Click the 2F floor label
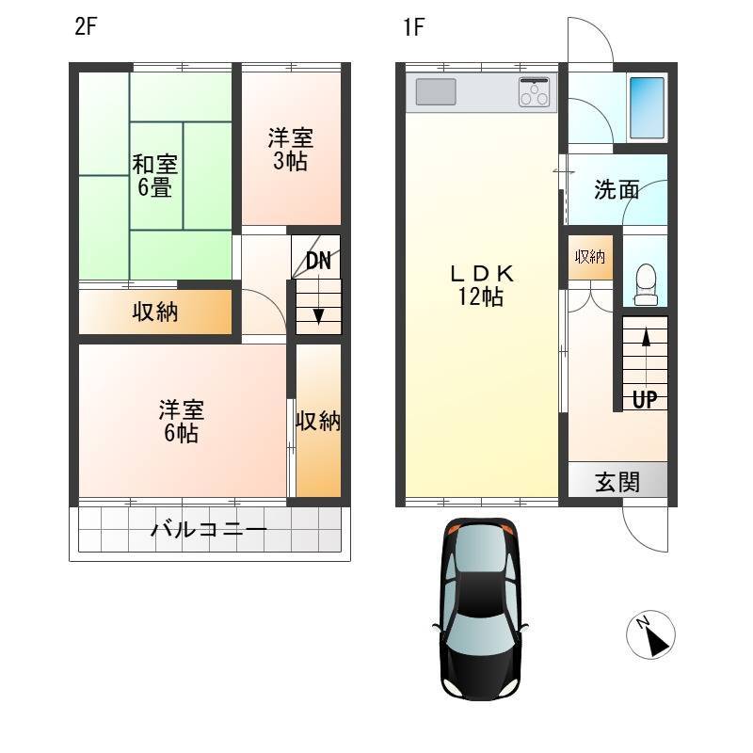click(86, 27)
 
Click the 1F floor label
click(413, 27)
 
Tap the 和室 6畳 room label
click(154, 176)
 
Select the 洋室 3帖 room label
click(291, 150)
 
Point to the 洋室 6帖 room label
click(182, 421)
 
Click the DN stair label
click(318, 262)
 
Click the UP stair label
click(645, 398)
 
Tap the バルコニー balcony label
click(209, 530)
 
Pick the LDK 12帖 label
click(481, 286)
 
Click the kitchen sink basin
click(436, 91)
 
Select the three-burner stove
click(534, 91)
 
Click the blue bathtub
click(647, 107)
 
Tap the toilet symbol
click(646, 284)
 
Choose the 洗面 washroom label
click(617, 190)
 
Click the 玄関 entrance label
click(617, 482)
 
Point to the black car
click(480, 608)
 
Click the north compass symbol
click(650, 634)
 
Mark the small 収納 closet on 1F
click(590, 257)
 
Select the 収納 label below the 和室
click(155, 312)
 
